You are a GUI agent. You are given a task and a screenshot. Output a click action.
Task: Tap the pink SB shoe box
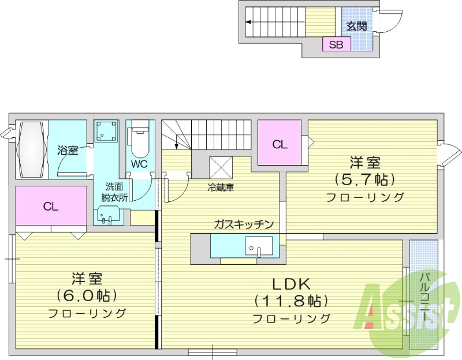pos(336,44)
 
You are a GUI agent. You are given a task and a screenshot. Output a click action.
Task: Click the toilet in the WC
pos(140,142)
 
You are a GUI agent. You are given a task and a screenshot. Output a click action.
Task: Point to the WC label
pos(139,164)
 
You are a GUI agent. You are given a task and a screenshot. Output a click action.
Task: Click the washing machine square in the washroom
pos(105,132)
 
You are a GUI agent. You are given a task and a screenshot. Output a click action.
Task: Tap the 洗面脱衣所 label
pos(113,192)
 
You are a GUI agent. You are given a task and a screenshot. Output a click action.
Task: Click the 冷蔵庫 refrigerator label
pos(221,187)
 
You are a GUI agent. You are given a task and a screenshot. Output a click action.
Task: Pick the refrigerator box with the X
pos(221,168)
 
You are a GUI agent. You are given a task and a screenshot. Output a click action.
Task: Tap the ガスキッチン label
pos(243,224)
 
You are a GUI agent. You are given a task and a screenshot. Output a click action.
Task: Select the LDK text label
pos(291,284)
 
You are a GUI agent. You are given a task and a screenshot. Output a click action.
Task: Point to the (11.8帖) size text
pos(291,301)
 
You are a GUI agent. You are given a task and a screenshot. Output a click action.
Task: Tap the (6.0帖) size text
pos(87,295)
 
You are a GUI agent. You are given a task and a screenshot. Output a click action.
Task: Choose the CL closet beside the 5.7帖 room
pos(280,144)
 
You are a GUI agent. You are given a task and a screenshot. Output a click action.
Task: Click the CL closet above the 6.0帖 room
pos(51,206)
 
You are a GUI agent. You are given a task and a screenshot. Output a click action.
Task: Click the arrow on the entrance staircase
pos(248,22)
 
